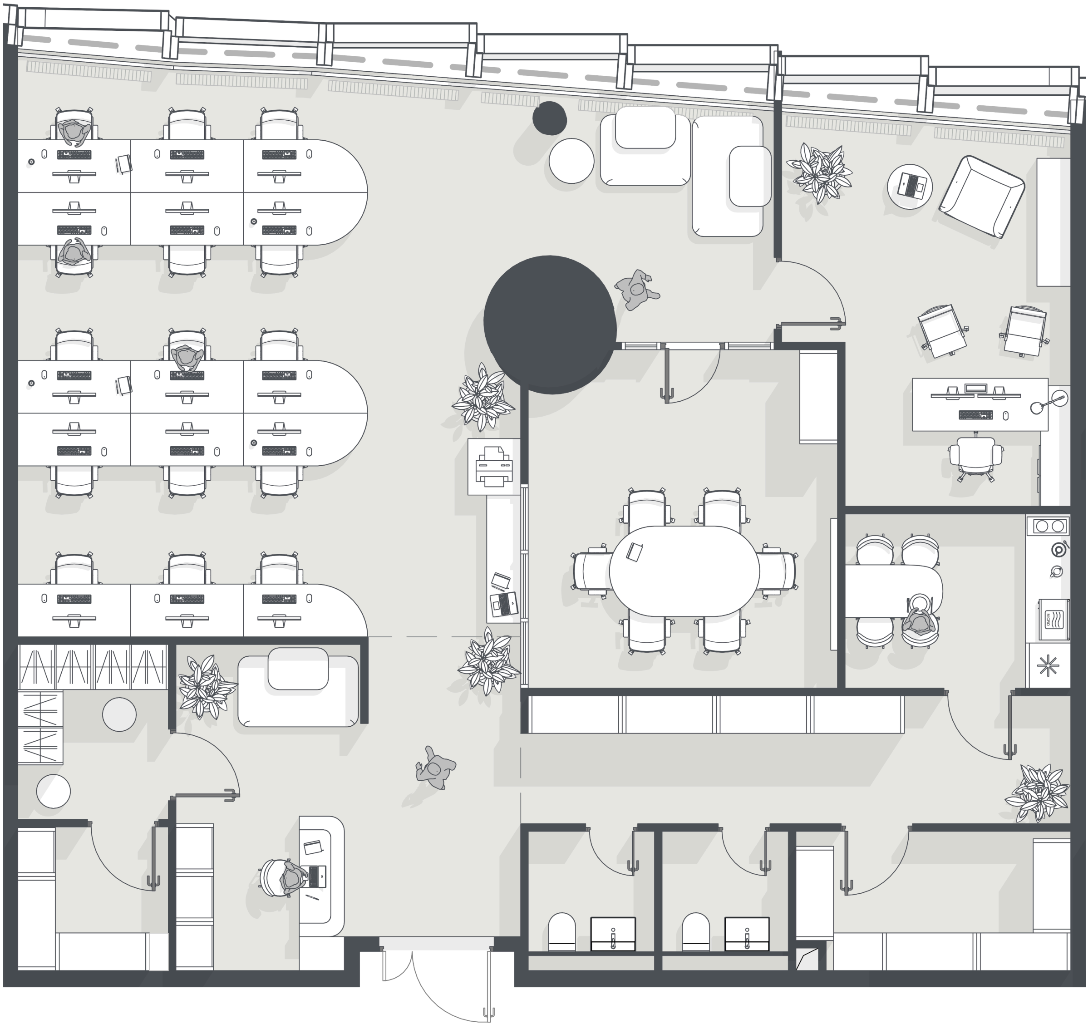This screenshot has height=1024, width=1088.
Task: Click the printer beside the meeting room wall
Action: [494, 466]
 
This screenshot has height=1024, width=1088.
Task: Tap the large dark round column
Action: [550, 325]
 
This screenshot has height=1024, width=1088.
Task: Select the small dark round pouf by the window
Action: [550, 118]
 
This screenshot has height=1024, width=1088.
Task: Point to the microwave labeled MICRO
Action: [1054, 619]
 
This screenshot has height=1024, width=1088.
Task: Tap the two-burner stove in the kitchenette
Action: [1050, 527]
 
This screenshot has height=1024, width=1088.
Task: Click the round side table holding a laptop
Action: [910, 186]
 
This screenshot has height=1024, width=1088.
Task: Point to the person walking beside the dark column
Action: [637, 290]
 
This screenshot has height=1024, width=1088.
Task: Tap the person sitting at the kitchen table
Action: [920, 620]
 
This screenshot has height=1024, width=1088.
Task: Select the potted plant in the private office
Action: [819, 172]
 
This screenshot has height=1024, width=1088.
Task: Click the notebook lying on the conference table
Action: [634, 551]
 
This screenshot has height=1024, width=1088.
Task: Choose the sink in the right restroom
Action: [747, 934]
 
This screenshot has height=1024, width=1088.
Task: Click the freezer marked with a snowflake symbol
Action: [1048, 665]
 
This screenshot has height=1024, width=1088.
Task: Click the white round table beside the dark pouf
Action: [571, 161]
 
